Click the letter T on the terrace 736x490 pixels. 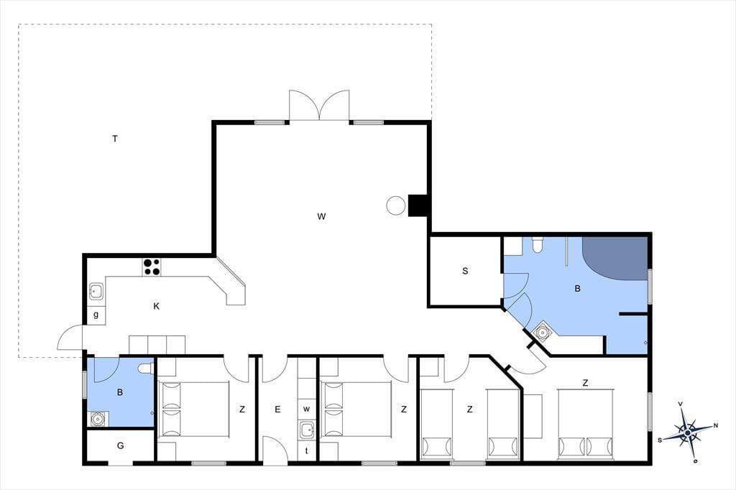point(115,139)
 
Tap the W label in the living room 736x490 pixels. point(321,216)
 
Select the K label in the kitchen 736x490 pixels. point(157,307)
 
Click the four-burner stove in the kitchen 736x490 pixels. point(152,267)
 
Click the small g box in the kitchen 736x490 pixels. point(96,315)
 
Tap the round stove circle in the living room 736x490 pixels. point(396,205)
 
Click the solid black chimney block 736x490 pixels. point(418,205)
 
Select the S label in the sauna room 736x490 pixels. point(465,271)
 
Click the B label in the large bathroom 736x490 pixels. point(577,289)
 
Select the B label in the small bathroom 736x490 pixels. point(120,392)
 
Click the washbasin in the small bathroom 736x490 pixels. point(98,418)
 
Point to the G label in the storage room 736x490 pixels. point(120,445)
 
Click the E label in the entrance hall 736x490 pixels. point(277,410)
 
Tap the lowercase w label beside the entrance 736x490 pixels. point(306,410)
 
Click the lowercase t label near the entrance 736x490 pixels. point(306,450)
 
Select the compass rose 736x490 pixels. point(688,432)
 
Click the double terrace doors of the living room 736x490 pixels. point(319,106)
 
